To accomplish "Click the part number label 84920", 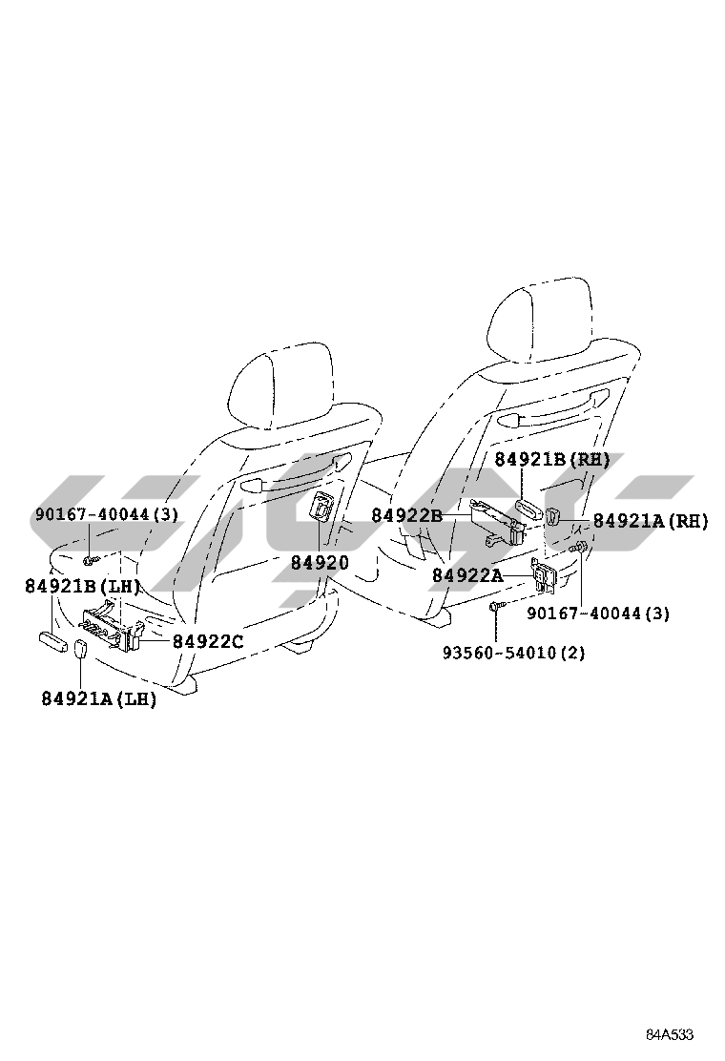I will tap(320, 563).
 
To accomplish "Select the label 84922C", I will tap(208, 641).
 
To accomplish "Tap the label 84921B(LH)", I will tap(83, 586).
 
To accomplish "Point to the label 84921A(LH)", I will tap(99, 699).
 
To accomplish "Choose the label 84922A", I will tap(467, 575).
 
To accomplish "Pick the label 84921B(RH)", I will tap(552, 460).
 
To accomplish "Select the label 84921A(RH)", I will tap(651, 521).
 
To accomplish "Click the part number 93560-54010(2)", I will tap(513, 653).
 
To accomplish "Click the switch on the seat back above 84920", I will tap(321, 508).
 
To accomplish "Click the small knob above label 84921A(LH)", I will tap(80, 653).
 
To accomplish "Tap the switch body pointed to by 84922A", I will tap(545, 575).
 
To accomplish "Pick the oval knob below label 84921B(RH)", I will tap(528, 509).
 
